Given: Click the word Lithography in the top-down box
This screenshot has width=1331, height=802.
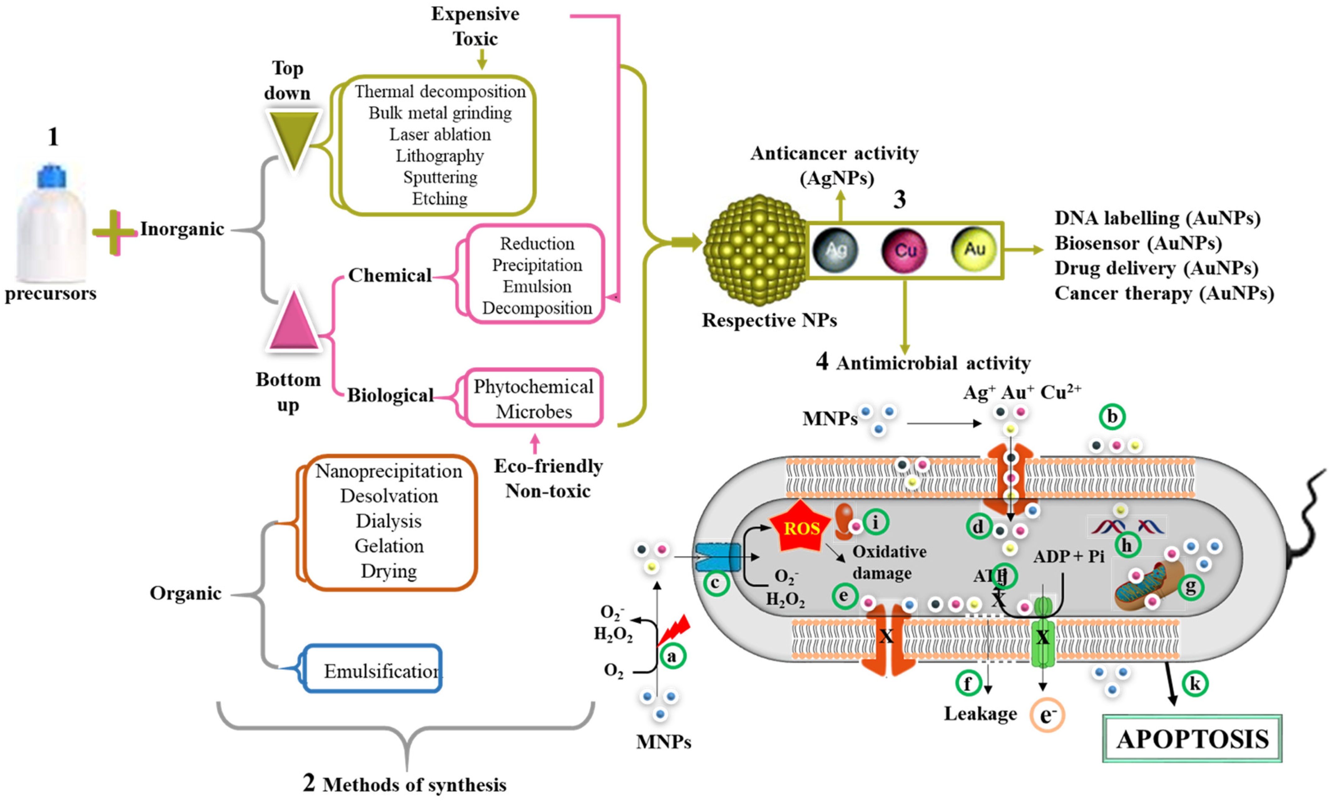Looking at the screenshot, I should coord(440,156).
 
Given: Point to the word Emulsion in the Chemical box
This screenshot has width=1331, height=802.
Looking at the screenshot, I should coord(537,286).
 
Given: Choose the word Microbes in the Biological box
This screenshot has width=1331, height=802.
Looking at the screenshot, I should coord(534,412).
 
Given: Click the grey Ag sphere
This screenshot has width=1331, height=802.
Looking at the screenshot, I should coord(835,250).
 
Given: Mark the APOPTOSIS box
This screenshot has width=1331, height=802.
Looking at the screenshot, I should coord(1192,739).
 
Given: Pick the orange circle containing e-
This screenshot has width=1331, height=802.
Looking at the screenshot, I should coord(1047,715).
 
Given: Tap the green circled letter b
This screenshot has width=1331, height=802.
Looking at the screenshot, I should coord(1112,417).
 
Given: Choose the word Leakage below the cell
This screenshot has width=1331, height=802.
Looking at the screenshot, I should coord(980,714).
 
